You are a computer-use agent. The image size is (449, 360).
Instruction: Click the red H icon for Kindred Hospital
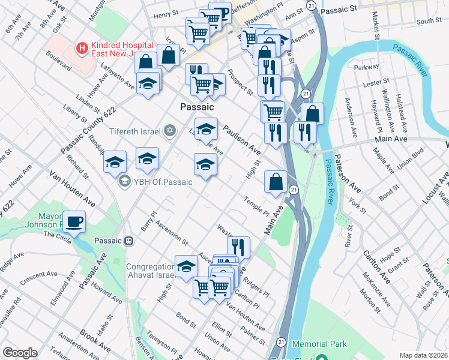(79, 46)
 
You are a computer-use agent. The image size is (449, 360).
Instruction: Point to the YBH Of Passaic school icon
(124, 180)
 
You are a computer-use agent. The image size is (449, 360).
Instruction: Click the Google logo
(20, 353)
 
